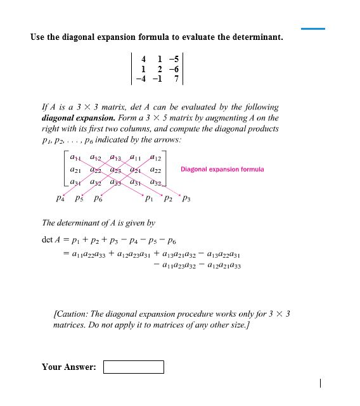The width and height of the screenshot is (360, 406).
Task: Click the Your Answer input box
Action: click(x=133, y=367)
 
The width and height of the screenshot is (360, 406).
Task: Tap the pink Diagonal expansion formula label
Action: click(x=222, y=169)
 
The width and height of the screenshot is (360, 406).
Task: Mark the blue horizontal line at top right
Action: click(x=312, y=29)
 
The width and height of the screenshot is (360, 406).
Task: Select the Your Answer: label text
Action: click(x=68, y=367)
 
